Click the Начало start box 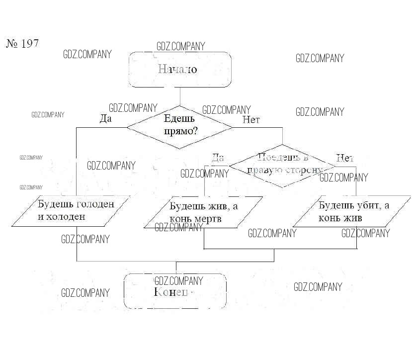pyautogui.click(x=180, y=69)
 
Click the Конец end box pyautogui.click(x=175, y=291)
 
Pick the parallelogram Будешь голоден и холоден pyautogui.click(x=72, y=211)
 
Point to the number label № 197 pyautogui.click(x=22, y=43)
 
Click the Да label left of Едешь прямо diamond pyautogui.click(x=105, y=119)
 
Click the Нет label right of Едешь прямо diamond pyautogui.click(x=251, y=119)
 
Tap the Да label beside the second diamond pyautogui.click(x=218, y=158)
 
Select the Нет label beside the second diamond pyautogui.click(x=344, y=158)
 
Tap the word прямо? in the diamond pyautogui.click(x=179, y=132)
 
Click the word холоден pyautogui.click(x=66, y=217)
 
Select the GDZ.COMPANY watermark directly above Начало pyautogui.click(x=180, y=46)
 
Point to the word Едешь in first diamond pyautogui.click(x=179, y=119)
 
